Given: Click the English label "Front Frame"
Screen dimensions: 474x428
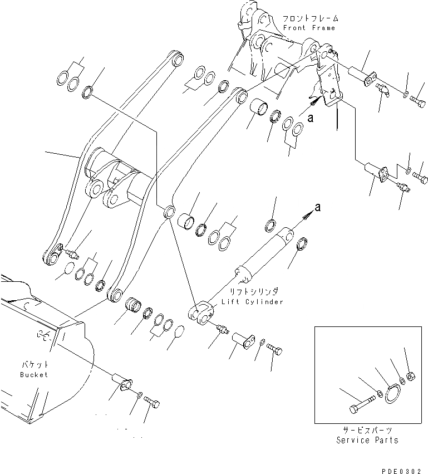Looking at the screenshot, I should [309, 28].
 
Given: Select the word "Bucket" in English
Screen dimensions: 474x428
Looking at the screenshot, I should [34, 375].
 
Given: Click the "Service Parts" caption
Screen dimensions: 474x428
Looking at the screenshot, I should [367, 440].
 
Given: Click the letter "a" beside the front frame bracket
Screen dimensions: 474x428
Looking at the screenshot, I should [311, 118].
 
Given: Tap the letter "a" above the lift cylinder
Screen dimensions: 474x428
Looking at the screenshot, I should [318, 207].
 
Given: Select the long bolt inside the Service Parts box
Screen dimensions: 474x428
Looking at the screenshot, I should [358, 404].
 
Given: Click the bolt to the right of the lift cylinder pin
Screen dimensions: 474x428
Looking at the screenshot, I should [275, 349].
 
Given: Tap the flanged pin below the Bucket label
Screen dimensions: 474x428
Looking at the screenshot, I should [122, 384].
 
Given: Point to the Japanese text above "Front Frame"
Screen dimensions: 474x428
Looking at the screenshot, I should [308, 17].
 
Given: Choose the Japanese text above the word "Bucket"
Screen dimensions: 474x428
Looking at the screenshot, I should [34, 364].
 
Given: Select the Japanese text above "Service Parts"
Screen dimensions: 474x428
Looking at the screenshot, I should [367, 431].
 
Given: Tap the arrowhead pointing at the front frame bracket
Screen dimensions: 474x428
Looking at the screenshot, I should [315, 101].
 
